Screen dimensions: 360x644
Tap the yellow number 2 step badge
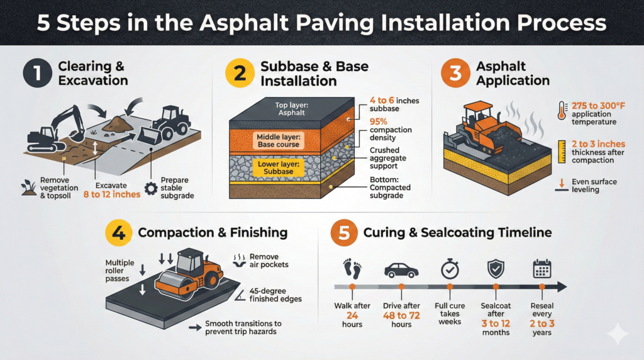coord(239,73)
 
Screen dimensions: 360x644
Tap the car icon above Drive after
coord(401,270)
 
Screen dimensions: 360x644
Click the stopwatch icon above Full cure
coord(449,269)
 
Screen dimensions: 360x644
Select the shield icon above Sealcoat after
coord(496,269)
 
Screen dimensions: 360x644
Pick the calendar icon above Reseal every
coord(541,269)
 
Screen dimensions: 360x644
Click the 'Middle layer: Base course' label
coord(279,140)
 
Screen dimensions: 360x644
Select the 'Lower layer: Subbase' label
coord(279,167)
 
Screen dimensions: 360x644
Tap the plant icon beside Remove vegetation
coord(28,187)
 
